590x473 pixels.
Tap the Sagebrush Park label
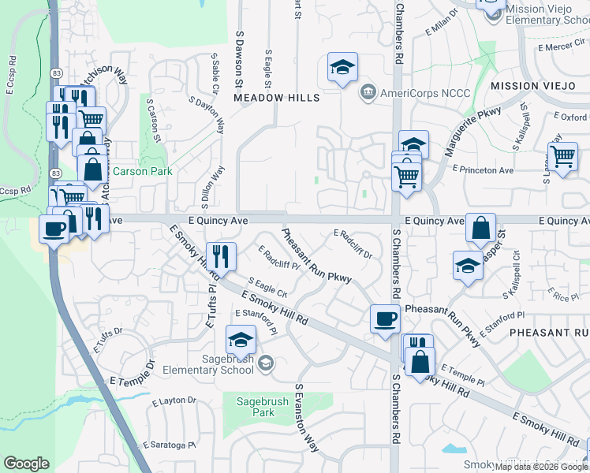pos(256,406)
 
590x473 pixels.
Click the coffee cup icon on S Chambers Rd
pos(385,318)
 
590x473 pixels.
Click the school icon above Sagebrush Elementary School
pos(241,340)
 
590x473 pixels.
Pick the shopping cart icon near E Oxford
pos(563,156)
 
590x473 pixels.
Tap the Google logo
pos(26,464)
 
